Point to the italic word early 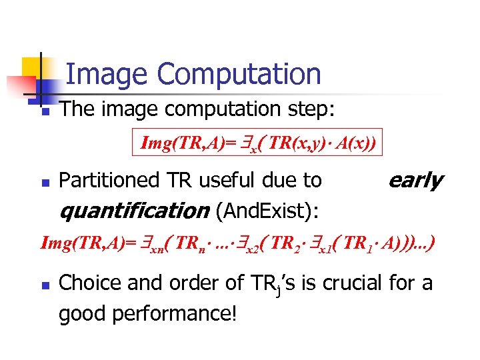(x=415, y=179)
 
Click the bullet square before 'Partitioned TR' (x=45, y=181)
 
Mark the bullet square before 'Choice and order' (x=45, y=285)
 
